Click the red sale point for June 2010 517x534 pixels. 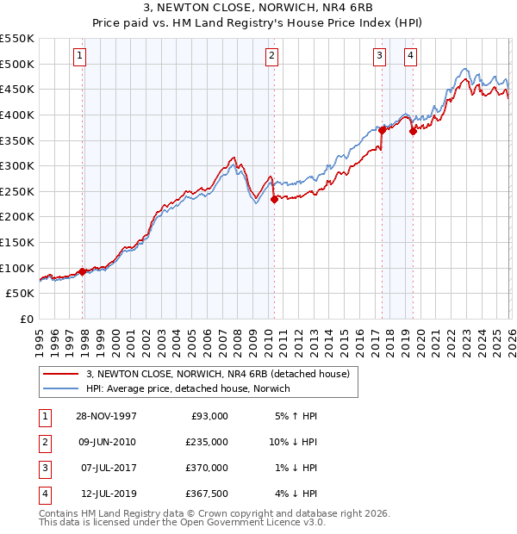pyautogui.click(x=275, y=198)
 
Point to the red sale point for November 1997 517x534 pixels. pyautogui.click(x=83, y=271)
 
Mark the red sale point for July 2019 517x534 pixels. pyautogui.click(x=414, y=131)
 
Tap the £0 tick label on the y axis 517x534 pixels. pyautogui.click(x=26, y=319)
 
